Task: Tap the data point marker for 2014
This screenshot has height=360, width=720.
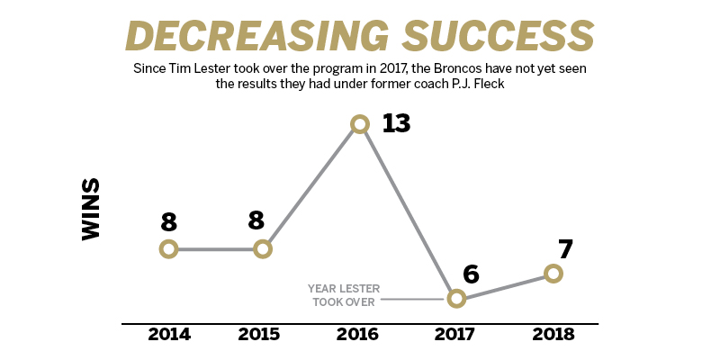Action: (168, 249)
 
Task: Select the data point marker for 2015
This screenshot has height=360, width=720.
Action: (263, 249)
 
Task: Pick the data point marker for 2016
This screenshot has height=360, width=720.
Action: (360, 124)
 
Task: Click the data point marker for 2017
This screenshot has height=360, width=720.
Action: (456, 298)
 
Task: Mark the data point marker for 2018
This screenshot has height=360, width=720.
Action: (553, 274)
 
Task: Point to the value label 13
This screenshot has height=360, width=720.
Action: (395, 123)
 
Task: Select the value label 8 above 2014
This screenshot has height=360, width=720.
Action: (168, 223)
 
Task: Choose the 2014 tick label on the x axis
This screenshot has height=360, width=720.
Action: (168, 335)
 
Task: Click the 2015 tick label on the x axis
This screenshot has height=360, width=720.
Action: (260, 335)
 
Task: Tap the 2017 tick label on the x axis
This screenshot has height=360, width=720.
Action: (456, 335)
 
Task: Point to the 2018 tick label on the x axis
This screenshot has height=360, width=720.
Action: (553, 335)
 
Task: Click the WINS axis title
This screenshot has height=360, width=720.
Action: (91, 209)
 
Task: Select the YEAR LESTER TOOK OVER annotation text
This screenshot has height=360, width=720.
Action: (344, 295)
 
